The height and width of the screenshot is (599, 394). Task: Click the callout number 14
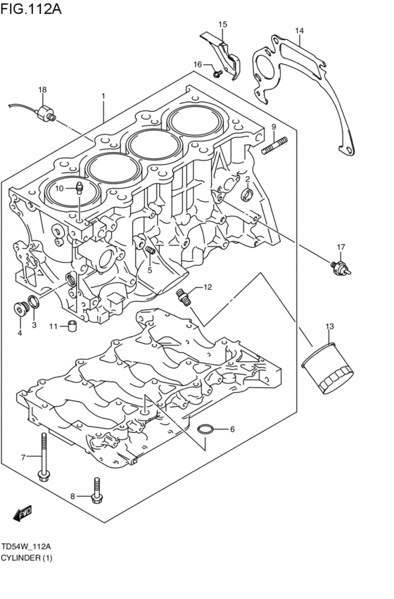pos(299,31)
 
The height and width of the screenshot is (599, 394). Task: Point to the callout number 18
pos(42,90)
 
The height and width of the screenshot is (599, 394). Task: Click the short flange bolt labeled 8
pos(97,492)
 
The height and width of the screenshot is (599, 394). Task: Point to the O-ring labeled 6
pos(205,429)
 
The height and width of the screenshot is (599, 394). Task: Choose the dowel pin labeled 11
pos(71,325)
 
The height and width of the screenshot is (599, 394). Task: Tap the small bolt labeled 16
pos(217,71)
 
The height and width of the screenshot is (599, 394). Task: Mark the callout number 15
pos(222,25)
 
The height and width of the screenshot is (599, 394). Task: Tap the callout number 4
pos(20,333)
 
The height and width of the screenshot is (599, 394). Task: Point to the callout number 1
pos(103,95)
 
